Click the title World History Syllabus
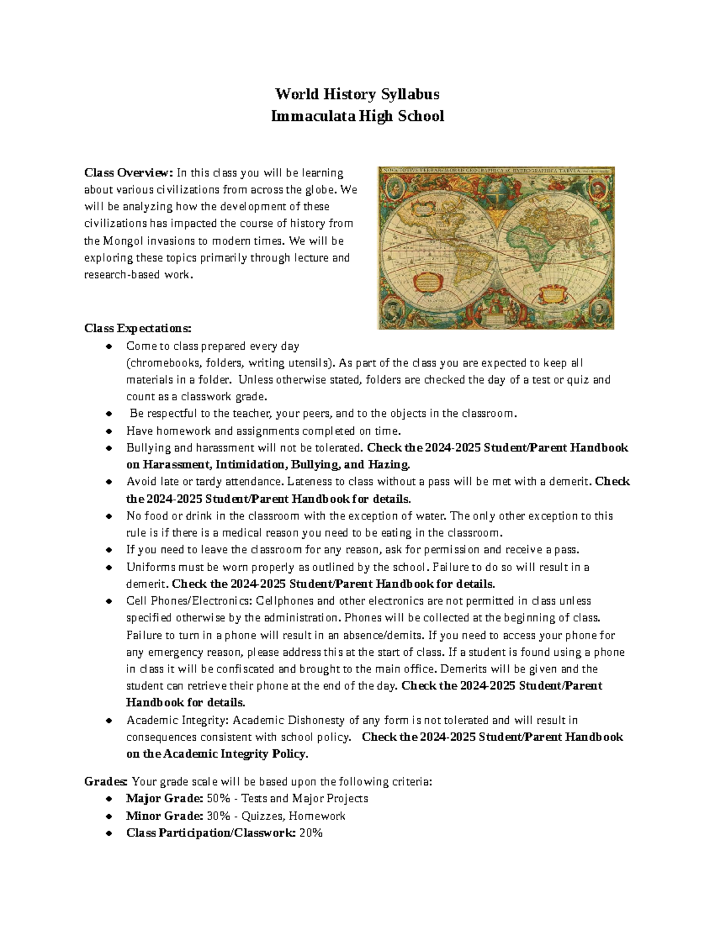[x=357, y=94]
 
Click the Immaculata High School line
[x=357, y=116]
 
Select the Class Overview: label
[x=128, y=173]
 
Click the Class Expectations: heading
[x=138, y=328]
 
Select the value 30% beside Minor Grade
[x=216, y=816]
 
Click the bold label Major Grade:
[x=164, y=798]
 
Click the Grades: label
[x=105, y=781]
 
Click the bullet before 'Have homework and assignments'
[x=108, y=431]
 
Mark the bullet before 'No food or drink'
[x=108, y=516]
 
